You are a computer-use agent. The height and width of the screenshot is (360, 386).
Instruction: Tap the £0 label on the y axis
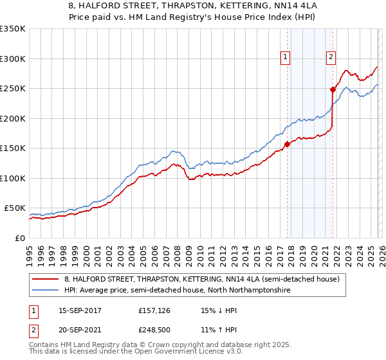(19, 238)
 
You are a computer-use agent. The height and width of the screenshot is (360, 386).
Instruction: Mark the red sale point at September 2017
(287, 144)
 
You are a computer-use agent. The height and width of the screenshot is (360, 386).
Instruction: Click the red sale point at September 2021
(333, 89)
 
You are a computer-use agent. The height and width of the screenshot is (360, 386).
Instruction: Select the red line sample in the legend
(46, 279)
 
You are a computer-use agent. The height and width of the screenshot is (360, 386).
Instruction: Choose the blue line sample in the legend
(46, 291)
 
